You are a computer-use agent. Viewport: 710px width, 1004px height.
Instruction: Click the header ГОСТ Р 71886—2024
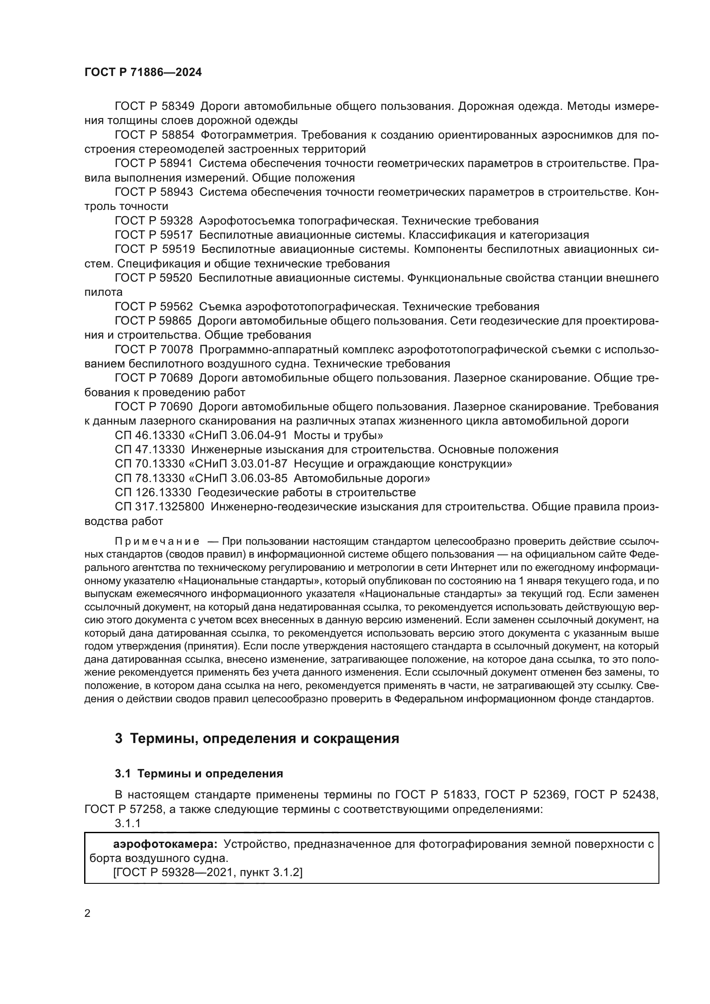click(x=143, y=73)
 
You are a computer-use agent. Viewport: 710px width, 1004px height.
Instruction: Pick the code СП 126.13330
click(x=153, y=492)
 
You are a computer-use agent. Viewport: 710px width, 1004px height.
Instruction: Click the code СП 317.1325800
click(x=159, y=507)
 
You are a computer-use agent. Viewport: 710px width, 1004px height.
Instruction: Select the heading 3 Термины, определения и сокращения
click(x=257, y=739)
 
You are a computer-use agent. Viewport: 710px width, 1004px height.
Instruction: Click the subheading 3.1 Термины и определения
click(x=199, y=773)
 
